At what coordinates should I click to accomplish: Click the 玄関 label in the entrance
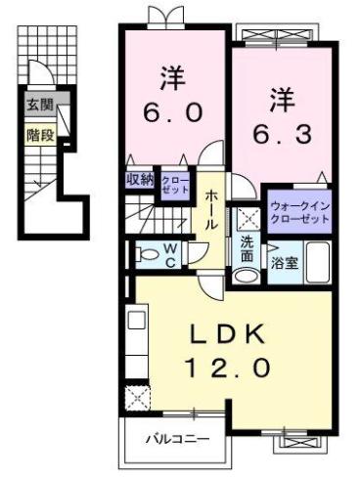pyautogui.click(x=39, y=105)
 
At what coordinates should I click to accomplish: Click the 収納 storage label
pyautogui.click(x=140, y=179)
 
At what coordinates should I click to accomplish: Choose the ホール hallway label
pyautogui.click(x=212, y=208)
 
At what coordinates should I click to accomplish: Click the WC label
pyautogui.click(x=168, y=256)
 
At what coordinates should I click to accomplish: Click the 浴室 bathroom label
pyautogui.click(x=285, y=262)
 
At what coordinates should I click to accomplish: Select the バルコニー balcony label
pyautogui.click(x=179, y=440)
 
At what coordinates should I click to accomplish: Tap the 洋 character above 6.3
pyautogui.click(x=283, y=98)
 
